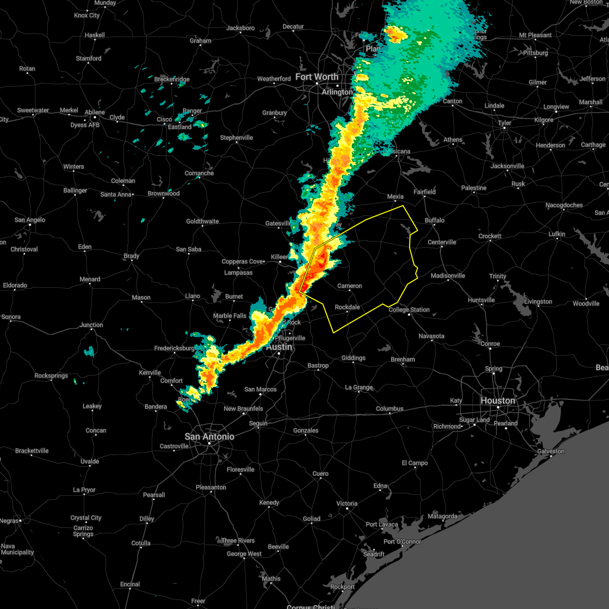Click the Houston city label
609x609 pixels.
click(497, 400)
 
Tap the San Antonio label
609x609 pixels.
click(209, 436)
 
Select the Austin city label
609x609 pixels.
click(279, 347)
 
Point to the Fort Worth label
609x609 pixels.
click(317, 77)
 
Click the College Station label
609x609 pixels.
click(409, 310)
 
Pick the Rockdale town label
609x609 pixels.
click(348, 307)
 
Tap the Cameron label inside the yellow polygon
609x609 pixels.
click(350, 286)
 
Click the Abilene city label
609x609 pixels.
click(95, 112)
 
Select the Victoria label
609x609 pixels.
click(347, 503)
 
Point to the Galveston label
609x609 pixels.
click(551, 451)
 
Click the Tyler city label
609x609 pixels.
click(504, 123)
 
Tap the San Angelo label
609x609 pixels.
click(30, 220)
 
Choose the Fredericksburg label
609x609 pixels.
click(175, 348)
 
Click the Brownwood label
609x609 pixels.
click(163, 193)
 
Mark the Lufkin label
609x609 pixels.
click(557, 234)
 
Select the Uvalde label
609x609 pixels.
click(90, 461)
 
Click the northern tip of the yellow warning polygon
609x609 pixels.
click(403, 206)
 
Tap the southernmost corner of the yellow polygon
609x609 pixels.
click(333, 332)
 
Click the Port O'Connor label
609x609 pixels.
click(402, 542)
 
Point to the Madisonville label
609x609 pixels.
click(448, 276)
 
